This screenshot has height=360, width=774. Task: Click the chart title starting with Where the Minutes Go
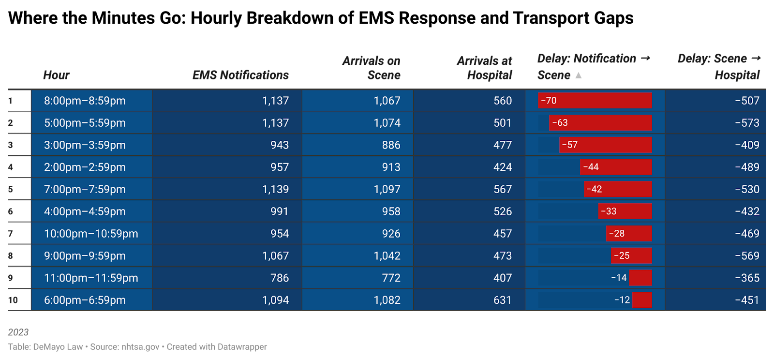[x=321, y=18]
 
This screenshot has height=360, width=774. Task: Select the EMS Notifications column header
[x=240, y=75]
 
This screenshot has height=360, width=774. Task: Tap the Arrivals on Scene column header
[x=371, y=68]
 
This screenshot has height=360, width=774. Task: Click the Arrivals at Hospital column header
[x=484, y=68]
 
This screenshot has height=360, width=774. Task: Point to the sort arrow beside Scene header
[x=579, y=75]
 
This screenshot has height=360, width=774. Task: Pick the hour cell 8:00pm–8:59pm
[x=85, y=101]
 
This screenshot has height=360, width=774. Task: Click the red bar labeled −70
[x=595, y=101]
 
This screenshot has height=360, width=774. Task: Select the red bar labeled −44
[x=616, y=167]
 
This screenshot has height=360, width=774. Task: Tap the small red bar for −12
[x=642, y=300]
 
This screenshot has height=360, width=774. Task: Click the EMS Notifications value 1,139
[x=275, y=189]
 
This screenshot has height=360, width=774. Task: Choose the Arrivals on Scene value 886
[x=391, y=145]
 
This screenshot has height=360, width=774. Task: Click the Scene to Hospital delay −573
[x=747, y=123]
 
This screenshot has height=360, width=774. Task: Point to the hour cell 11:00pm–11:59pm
[x=91, y=278]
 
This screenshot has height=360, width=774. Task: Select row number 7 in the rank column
[x=11, y=234]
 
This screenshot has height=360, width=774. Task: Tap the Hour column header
[x=56, y=75]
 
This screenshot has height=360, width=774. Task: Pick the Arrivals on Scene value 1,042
[x=387, y=256]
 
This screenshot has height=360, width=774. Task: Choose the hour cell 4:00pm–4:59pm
[x=85, y=211]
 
